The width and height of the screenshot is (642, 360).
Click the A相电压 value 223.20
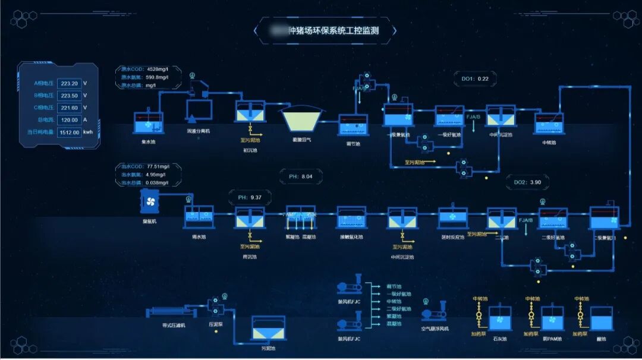[70, 84]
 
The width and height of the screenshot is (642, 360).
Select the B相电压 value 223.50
[70, 96]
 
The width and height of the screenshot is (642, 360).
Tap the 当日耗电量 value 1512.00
[70, 132]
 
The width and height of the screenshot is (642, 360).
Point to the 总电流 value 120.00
[70, 120]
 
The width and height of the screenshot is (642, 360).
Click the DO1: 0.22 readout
[475, 79]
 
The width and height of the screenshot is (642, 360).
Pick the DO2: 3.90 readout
[527, 182]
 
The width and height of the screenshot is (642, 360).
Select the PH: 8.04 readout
[301, 176]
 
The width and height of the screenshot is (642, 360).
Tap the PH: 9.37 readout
[250, 198]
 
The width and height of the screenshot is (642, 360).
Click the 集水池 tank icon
[147, 123]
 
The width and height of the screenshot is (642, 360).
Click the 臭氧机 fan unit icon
[150, 202]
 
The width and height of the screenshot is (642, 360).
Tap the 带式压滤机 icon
[169, 312]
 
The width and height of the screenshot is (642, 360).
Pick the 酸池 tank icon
[601, 319]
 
